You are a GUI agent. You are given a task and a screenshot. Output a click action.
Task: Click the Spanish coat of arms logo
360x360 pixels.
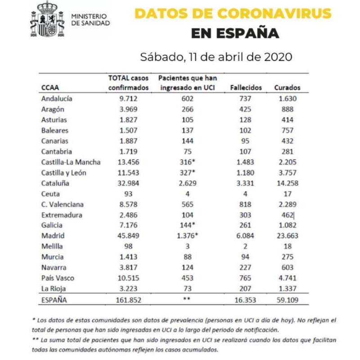click(47, 19)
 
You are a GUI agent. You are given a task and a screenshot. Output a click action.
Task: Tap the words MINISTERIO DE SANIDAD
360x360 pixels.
click(90, 19)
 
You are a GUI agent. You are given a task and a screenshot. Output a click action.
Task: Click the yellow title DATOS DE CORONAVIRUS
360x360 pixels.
click(233, 13)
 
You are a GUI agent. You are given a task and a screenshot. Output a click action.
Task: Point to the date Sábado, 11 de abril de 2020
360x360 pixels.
click(216, 57)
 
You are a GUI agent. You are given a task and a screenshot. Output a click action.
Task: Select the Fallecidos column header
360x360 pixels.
click(246, 87)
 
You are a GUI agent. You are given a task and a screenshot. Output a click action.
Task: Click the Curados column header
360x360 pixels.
click(287, 87)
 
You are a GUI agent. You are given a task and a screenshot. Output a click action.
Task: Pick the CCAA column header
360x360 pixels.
click(50, 87)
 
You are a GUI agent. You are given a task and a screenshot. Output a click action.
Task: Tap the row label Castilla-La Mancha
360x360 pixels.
click(71, 162)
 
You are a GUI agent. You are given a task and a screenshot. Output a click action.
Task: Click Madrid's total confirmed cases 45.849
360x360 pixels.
click(128, 235)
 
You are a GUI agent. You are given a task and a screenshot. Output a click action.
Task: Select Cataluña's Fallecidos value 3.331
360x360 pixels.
click(245, 183)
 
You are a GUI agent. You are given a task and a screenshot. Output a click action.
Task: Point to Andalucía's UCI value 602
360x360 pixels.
click(187, 99)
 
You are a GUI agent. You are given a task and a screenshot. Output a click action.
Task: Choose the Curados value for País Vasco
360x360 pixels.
click(288, 278)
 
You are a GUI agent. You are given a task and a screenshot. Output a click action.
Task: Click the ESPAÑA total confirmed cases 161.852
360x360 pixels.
click(128, 300)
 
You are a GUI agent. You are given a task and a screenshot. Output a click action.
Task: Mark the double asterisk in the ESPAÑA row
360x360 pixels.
click(187, 299)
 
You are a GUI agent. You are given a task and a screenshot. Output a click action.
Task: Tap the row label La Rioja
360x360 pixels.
click(54, 288)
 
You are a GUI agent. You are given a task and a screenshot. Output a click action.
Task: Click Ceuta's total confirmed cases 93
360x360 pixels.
click(128, 194)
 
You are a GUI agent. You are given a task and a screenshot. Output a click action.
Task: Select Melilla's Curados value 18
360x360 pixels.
click(288, 246)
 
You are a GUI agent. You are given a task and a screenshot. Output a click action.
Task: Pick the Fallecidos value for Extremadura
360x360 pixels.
click(245, 215)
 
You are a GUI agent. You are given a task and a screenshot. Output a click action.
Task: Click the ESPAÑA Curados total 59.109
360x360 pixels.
click(288, 300)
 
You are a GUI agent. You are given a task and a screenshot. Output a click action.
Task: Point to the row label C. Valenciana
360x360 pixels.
click(62, 204)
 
